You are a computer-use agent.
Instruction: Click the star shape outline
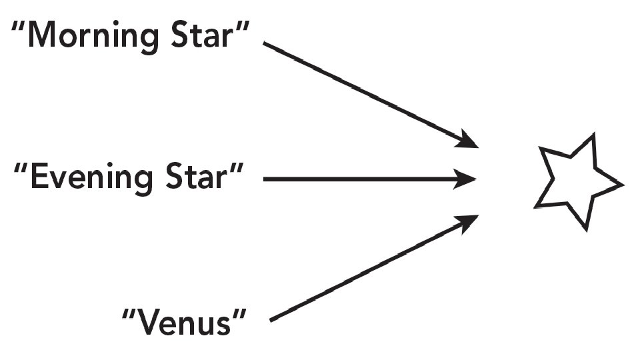(577, 181)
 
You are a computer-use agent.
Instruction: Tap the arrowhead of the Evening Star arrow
(469, 179)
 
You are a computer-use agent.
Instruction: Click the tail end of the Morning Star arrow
(266, 44)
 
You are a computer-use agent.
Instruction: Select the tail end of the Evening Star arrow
(266, 179)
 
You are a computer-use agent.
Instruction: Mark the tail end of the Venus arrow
(272, 321)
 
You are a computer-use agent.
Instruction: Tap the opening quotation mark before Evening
(21, 169)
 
